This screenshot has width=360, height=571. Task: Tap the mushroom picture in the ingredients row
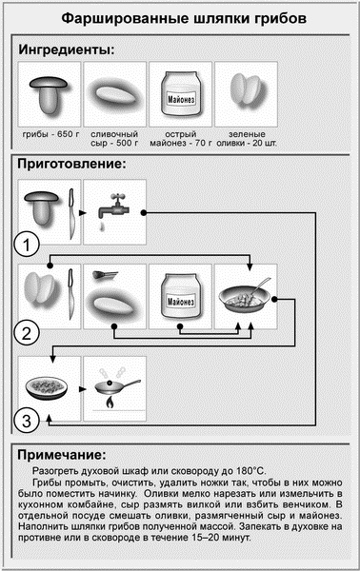pos(48,92)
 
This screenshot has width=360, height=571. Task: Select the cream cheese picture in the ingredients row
pos(114,94)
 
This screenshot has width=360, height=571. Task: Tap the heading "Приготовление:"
pos(71,164)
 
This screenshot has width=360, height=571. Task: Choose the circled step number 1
pos(31,245)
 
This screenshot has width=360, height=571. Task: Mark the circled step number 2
pos(31,333)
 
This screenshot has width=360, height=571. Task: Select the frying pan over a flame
pos(114,388)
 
